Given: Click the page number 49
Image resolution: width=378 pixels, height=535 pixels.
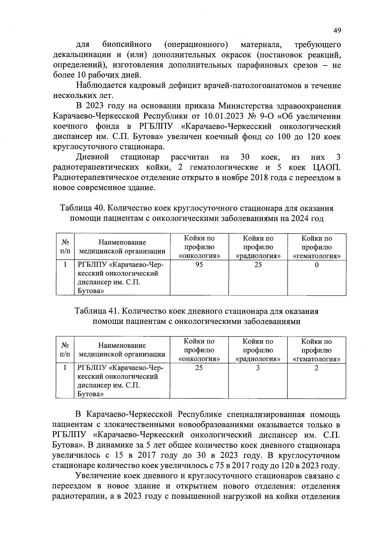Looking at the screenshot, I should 337,31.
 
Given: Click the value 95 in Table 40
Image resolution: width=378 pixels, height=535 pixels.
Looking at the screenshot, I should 199,265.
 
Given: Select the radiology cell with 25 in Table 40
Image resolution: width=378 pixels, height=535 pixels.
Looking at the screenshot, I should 258,265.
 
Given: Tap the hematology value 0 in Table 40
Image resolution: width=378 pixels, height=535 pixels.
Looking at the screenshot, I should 317,265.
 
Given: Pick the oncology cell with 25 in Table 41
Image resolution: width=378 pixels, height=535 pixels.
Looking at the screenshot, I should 199,368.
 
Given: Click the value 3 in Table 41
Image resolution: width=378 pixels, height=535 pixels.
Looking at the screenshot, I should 258,368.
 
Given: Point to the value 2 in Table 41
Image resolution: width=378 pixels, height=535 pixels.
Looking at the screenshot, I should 317,368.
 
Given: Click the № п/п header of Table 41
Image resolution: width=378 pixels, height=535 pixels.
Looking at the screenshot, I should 65,350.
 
